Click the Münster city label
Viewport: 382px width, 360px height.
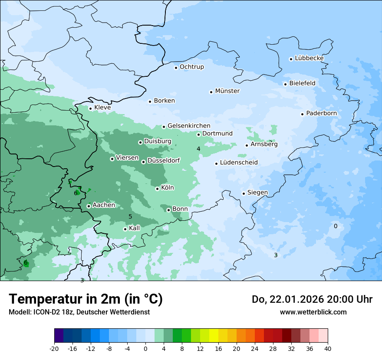(x=227, y=91)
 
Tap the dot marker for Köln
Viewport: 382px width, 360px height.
(x=157, y=189)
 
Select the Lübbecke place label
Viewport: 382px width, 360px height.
(x=309, y=58)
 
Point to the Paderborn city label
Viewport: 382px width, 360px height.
(x=321, y=113)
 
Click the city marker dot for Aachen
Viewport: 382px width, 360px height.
(x=89, y=206)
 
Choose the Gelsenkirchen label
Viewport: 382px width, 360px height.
(x=189, y=126)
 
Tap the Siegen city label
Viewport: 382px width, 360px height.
(x=257, y=193)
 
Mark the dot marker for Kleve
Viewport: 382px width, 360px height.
(x=90, y=108)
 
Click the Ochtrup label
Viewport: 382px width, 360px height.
(x=191, y=67)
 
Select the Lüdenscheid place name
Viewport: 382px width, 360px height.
(x=239, y=163)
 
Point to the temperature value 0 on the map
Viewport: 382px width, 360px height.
(x=335, y=226)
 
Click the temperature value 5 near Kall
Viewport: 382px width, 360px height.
(x=130, y=216)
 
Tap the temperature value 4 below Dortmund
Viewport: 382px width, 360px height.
(x=198, y=149)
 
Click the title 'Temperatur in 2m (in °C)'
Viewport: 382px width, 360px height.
(x=86, y=299)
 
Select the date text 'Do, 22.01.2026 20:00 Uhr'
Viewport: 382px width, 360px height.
(x=312, y=299)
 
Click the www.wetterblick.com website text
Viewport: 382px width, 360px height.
(x=313, y=312)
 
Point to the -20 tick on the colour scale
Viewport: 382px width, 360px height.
(x=54, y=348)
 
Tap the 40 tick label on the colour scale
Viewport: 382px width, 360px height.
(x=328, y=348)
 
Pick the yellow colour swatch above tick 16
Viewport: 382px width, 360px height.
(x=214, y=336)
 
